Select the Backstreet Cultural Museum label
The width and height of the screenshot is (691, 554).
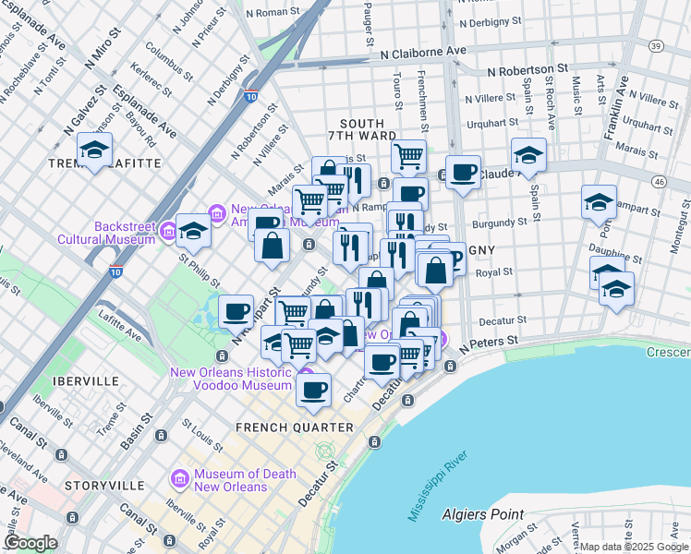pyautogui.click(x=125, y=233)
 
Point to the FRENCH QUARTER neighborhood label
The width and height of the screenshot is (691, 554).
pyautogui.click(x=294, y=428)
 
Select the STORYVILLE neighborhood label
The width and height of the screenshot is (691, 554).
pyautogui.click(x=104, y=485)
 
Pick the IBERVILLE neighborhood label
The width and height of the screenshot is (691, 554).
pyautogui.click(x=86, y=380)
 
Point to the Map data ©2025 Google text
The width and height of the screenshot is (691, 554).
pyautogui.click(x=634, y=547)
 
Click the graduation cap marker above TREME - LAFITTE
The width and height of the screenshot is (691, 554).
pyautogui.click(x=94, y=150)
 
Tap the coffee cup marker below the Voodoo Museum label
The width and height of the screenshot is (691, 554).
pyautogui.click(x=314, y=389)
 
